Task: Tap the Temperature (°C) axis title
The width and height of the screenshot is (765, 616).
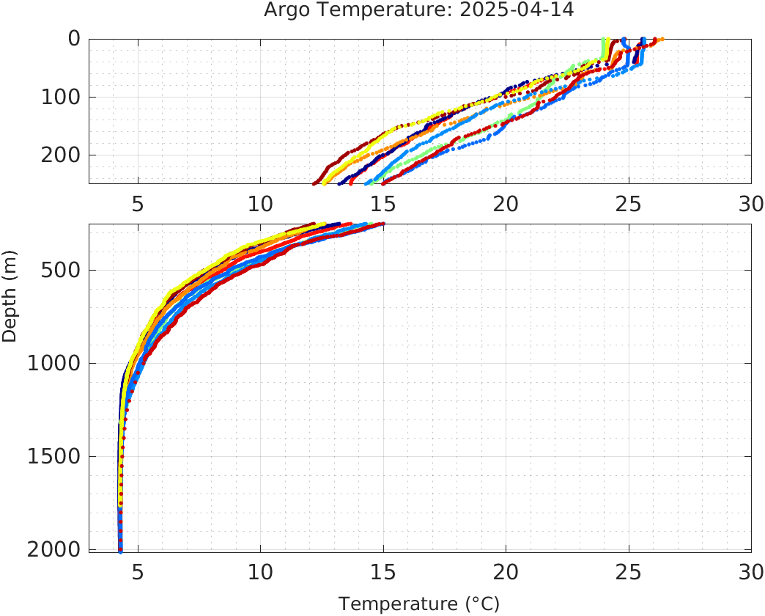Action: (x=418, y=604)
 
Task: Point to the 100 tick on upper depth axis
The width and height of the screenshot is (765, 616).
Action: (x=64, y=97)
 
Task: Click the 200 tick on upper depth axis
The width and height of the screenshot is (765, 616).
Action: (x=64, y=155)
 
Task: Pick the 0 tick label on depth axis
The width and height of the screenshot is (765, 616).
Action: (x=74, y=39)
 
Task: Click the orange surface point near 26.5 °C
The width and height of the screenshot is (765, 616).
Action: (x=662, y=40)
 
